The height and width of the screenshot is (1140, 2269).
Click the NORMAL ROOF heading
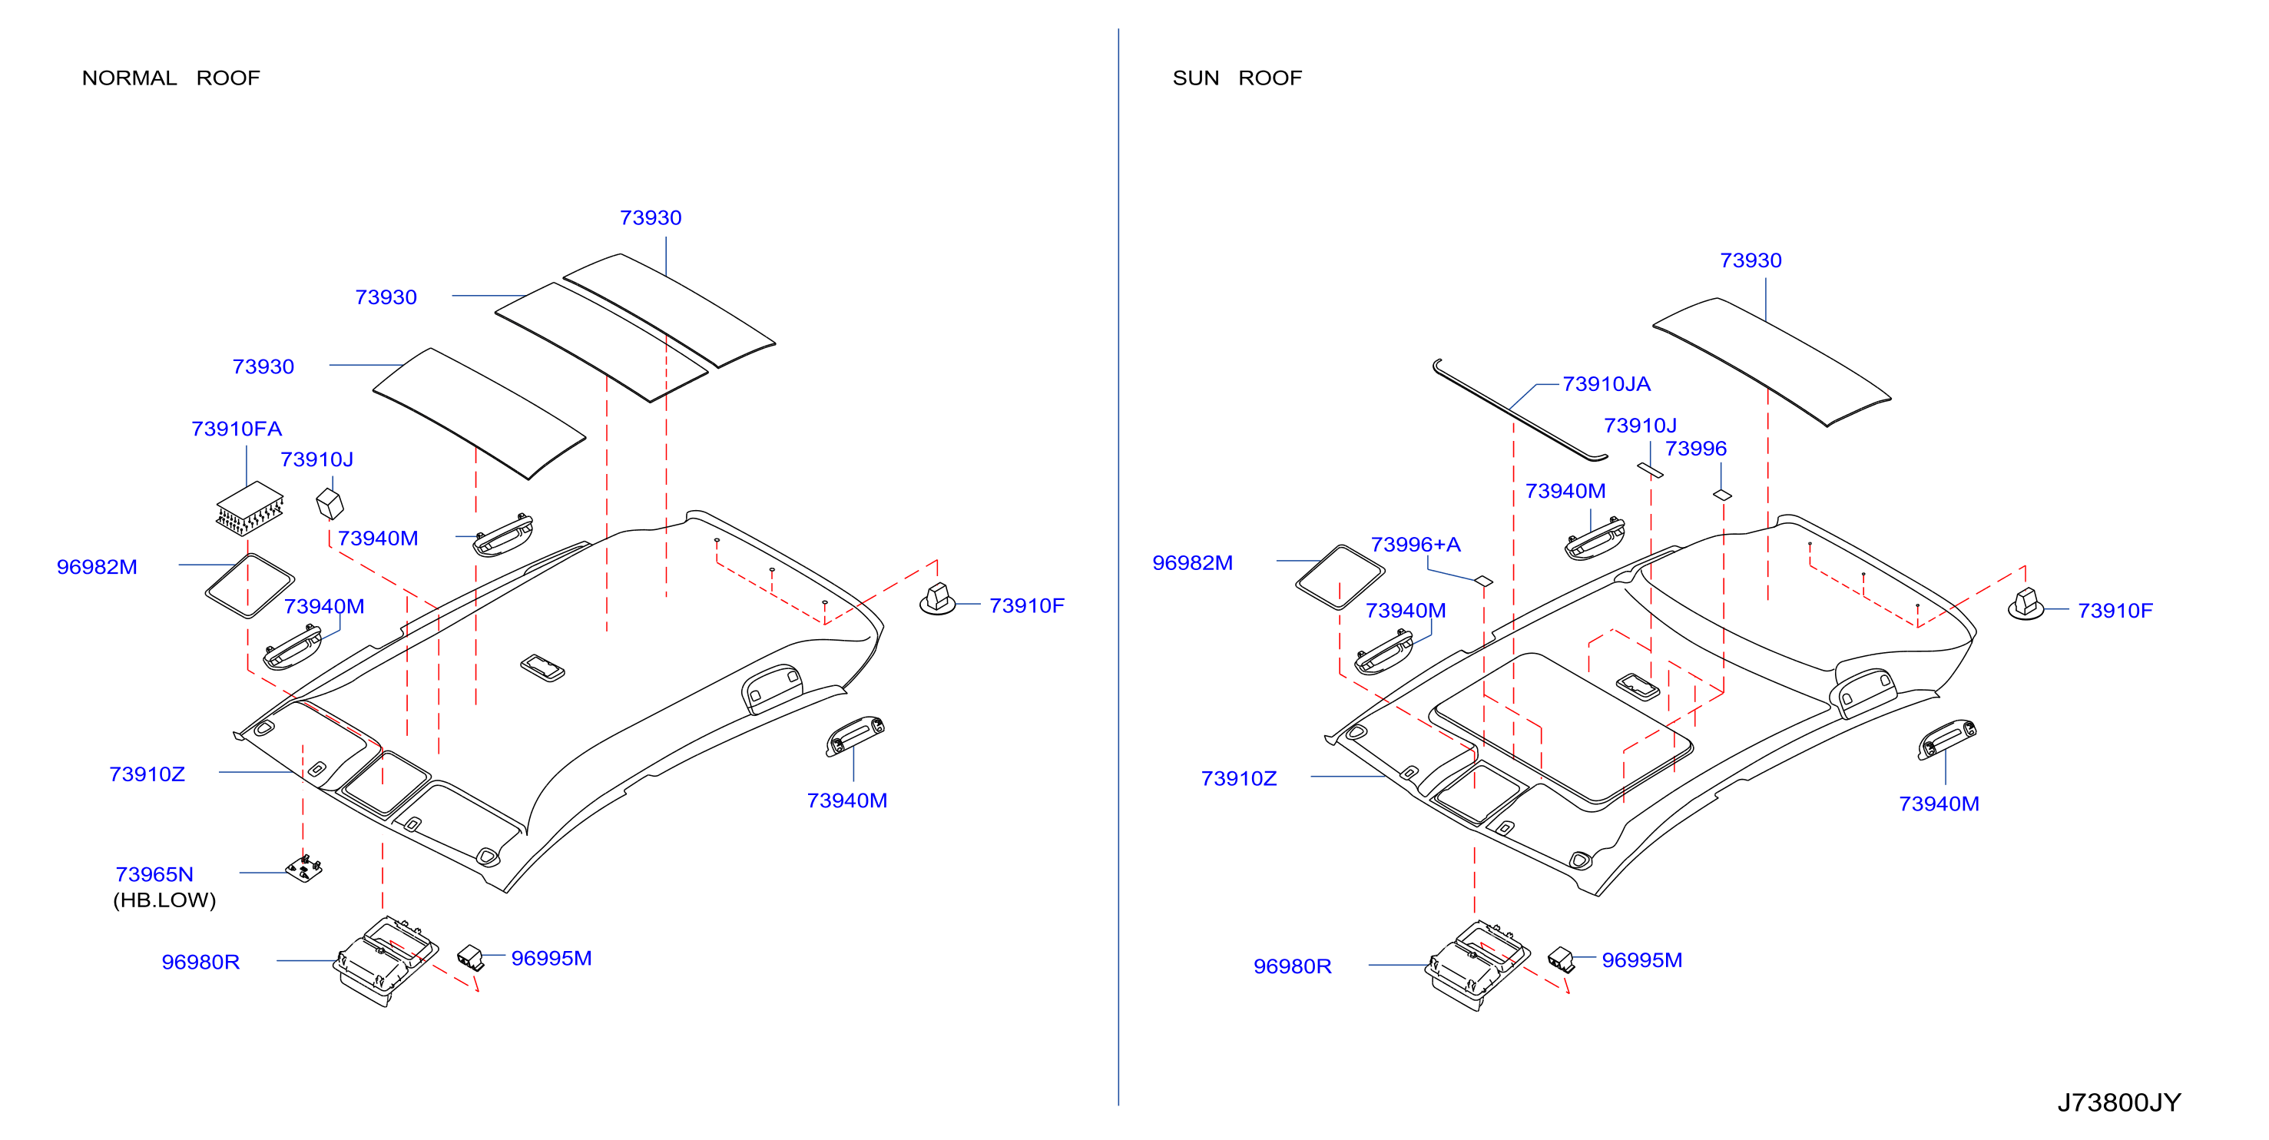171,78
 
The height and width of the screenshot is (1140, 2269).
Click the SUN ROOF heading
1237,78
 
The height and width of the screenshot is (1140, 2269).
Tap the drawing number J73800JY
2118,1102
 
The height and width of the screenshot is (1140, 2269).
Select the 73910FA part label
237,429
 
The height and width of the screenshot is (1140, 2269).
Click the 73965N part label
154,874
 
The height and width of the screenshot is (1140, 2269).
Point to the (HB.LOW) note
164,900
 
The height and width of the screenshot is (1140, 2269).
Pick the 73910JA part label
1606,384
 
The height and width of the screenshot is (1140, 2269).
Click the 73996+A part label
1416,545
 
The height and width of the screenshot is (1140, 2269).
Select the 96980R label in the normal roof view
200,962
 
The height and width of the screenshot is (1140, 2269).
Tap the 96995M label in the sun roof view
1642,960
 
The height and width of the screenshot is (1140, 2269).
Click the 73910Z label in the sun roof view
1238,779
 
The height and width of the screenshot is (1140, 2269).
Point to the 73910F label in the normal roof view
1026,606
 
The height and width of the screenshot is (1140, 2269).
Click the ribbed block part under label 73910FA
250,509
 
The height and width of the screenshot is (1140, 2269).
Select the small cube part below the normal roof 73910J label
330,503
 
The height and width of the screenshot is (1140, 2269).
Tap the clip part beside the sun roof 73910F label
2026,605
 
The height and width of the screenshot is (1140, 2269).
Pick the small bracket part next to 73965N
304,869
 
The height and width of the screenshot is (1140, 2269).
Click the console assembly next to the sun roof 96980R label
1478,966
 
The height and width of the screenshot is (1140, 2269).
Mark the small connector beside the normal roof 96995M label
472,956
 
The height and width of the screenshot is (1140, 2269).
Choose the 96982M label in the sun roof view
1192,563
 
